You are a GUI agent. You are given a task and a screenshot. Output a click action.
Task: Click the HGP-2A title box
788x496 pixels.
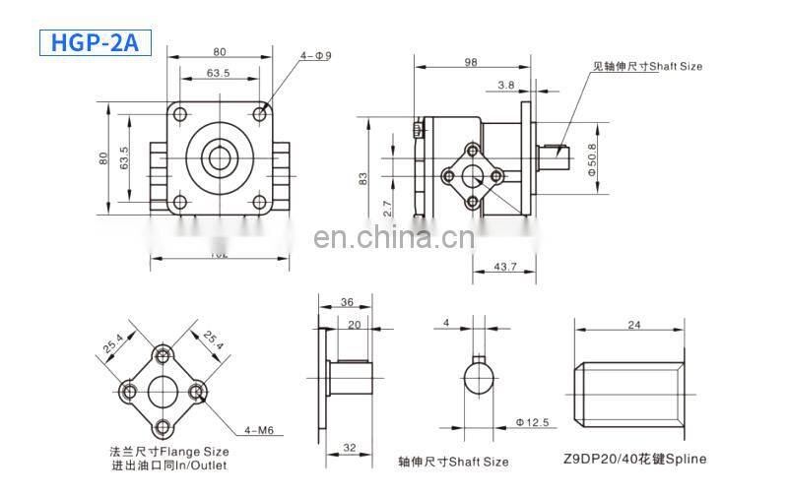[95, 42]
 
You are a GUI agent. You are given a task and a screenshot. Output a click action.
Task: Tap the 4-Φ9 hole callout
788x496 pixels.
[316, 55]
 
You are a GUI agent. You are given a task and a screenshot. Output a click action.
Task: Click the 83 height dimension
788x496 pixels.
[362, 178]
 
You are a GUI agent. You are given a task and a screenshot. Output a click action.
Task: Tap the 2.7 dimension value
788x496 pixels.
[387, 209]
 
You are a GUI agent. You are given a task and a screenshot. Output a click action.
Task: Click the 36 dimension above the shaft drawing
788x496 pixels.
[347, 303]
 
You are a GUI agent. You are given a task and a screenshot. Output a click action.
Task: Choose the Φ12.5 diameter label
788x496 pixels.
[533, 423]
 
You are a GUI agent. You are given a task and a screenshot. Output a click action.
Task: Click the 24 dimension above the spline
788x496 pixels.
[633, 324]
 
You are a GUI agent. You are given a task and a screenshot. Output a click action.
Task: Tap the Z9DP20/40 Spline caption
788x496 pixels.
[635, 459]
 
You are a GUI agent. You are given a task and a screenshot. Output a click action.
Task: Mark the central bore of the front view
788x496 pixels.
[218, 157]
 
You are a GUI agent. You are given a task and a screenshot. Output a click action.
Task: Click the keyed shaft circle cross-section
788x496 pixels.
[481, 378]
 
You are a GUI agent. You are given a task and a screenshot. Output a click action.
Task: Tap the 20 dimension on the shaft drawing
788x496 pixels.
[354, 324]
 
